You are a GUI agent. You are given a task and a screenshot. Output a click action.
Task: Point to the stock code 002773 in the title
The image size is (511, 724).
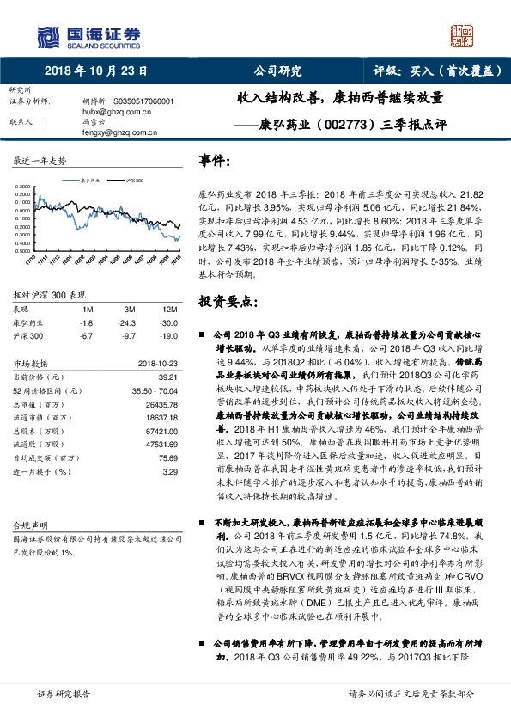coord(321,123)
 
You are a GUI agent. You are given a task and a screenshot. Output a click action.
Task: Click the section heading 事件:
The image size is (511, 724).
coord(214,161)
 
